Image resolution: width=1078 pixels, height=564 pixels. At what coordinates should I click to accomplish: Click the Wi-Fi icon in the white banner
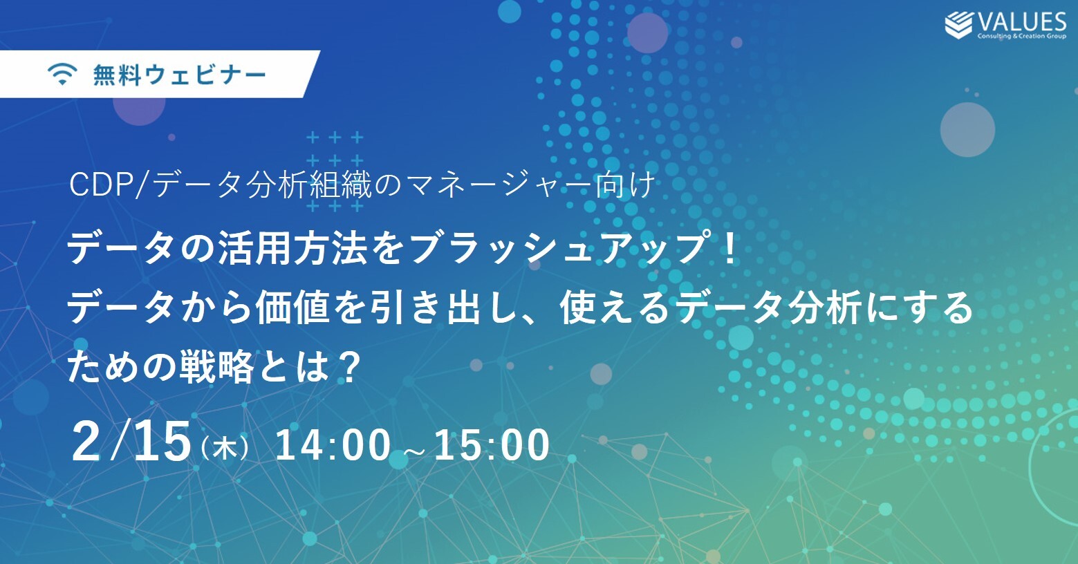62,75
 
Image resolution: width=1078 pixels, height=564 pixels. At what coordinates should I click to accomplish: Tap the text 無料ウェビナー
180,75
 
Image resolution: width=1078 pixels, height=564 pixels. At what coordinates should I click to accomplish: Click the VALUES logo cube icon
958,25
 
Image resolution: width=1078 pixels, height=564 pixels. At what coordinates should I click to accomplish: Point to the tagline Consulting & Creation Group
1022,36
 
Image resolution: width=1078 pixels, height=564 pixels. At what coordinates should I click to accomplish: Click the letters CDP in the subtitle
102,185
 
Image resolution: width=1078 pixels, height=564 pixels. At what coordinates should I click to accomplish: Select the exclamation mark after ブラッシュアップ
730,247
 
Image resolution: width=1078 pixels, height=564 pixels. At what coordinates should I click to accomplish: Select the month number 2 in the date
86,441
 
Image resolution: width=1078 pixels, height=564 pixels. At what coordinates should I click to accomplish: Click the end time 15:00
492,445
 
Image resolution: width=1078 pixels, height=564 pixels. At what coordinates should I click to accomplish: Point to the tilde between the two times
412,451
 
